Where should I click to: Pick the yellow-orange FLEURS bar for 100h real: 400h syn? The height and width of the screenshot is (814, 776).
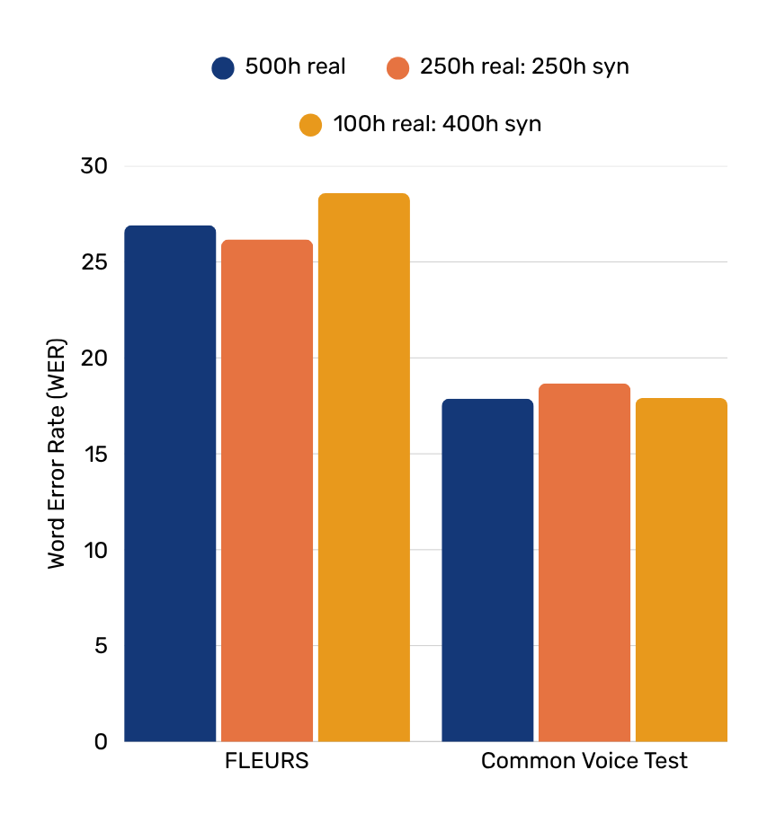pos(363,467)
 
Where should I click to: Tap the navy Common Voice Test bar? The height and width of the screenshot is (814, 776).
pos(487,571)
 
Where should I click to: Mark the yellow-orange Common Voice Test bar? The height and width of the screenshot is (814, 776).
pos(681,570)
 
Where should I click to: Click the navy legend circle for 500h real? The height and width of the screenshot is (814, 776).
pos(223,67)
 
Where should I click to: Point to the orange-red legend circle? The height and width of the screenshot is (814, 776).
pos(397,67)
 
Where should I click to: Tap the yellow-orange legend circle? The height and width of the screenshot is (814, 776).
pos(310,125)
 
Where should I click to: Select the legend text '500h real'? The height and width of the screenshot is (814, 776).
pos(295,67)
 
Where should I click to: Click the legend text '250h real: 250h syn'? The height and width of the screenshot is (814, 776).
pos(524,67)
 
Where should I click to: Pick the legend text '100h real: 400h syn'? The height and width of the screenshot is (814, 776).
pos(437,124)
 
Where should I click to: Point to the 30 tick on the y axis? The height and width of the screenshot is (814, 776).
pos(94,167)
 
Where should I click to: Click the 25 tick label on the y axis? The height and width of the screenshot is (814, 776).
pos(94,262)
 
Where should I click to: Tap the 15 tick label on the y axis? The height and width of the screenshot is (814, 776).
pos(94,455)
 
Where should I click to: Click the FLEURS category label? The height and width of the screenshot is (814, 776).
pos(266,762)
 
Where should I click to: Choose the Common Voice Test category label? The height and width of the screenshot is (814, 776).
pos(584,762)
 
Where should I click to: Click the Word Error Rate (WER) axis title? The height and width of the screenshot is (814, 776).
pos(58,454)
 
